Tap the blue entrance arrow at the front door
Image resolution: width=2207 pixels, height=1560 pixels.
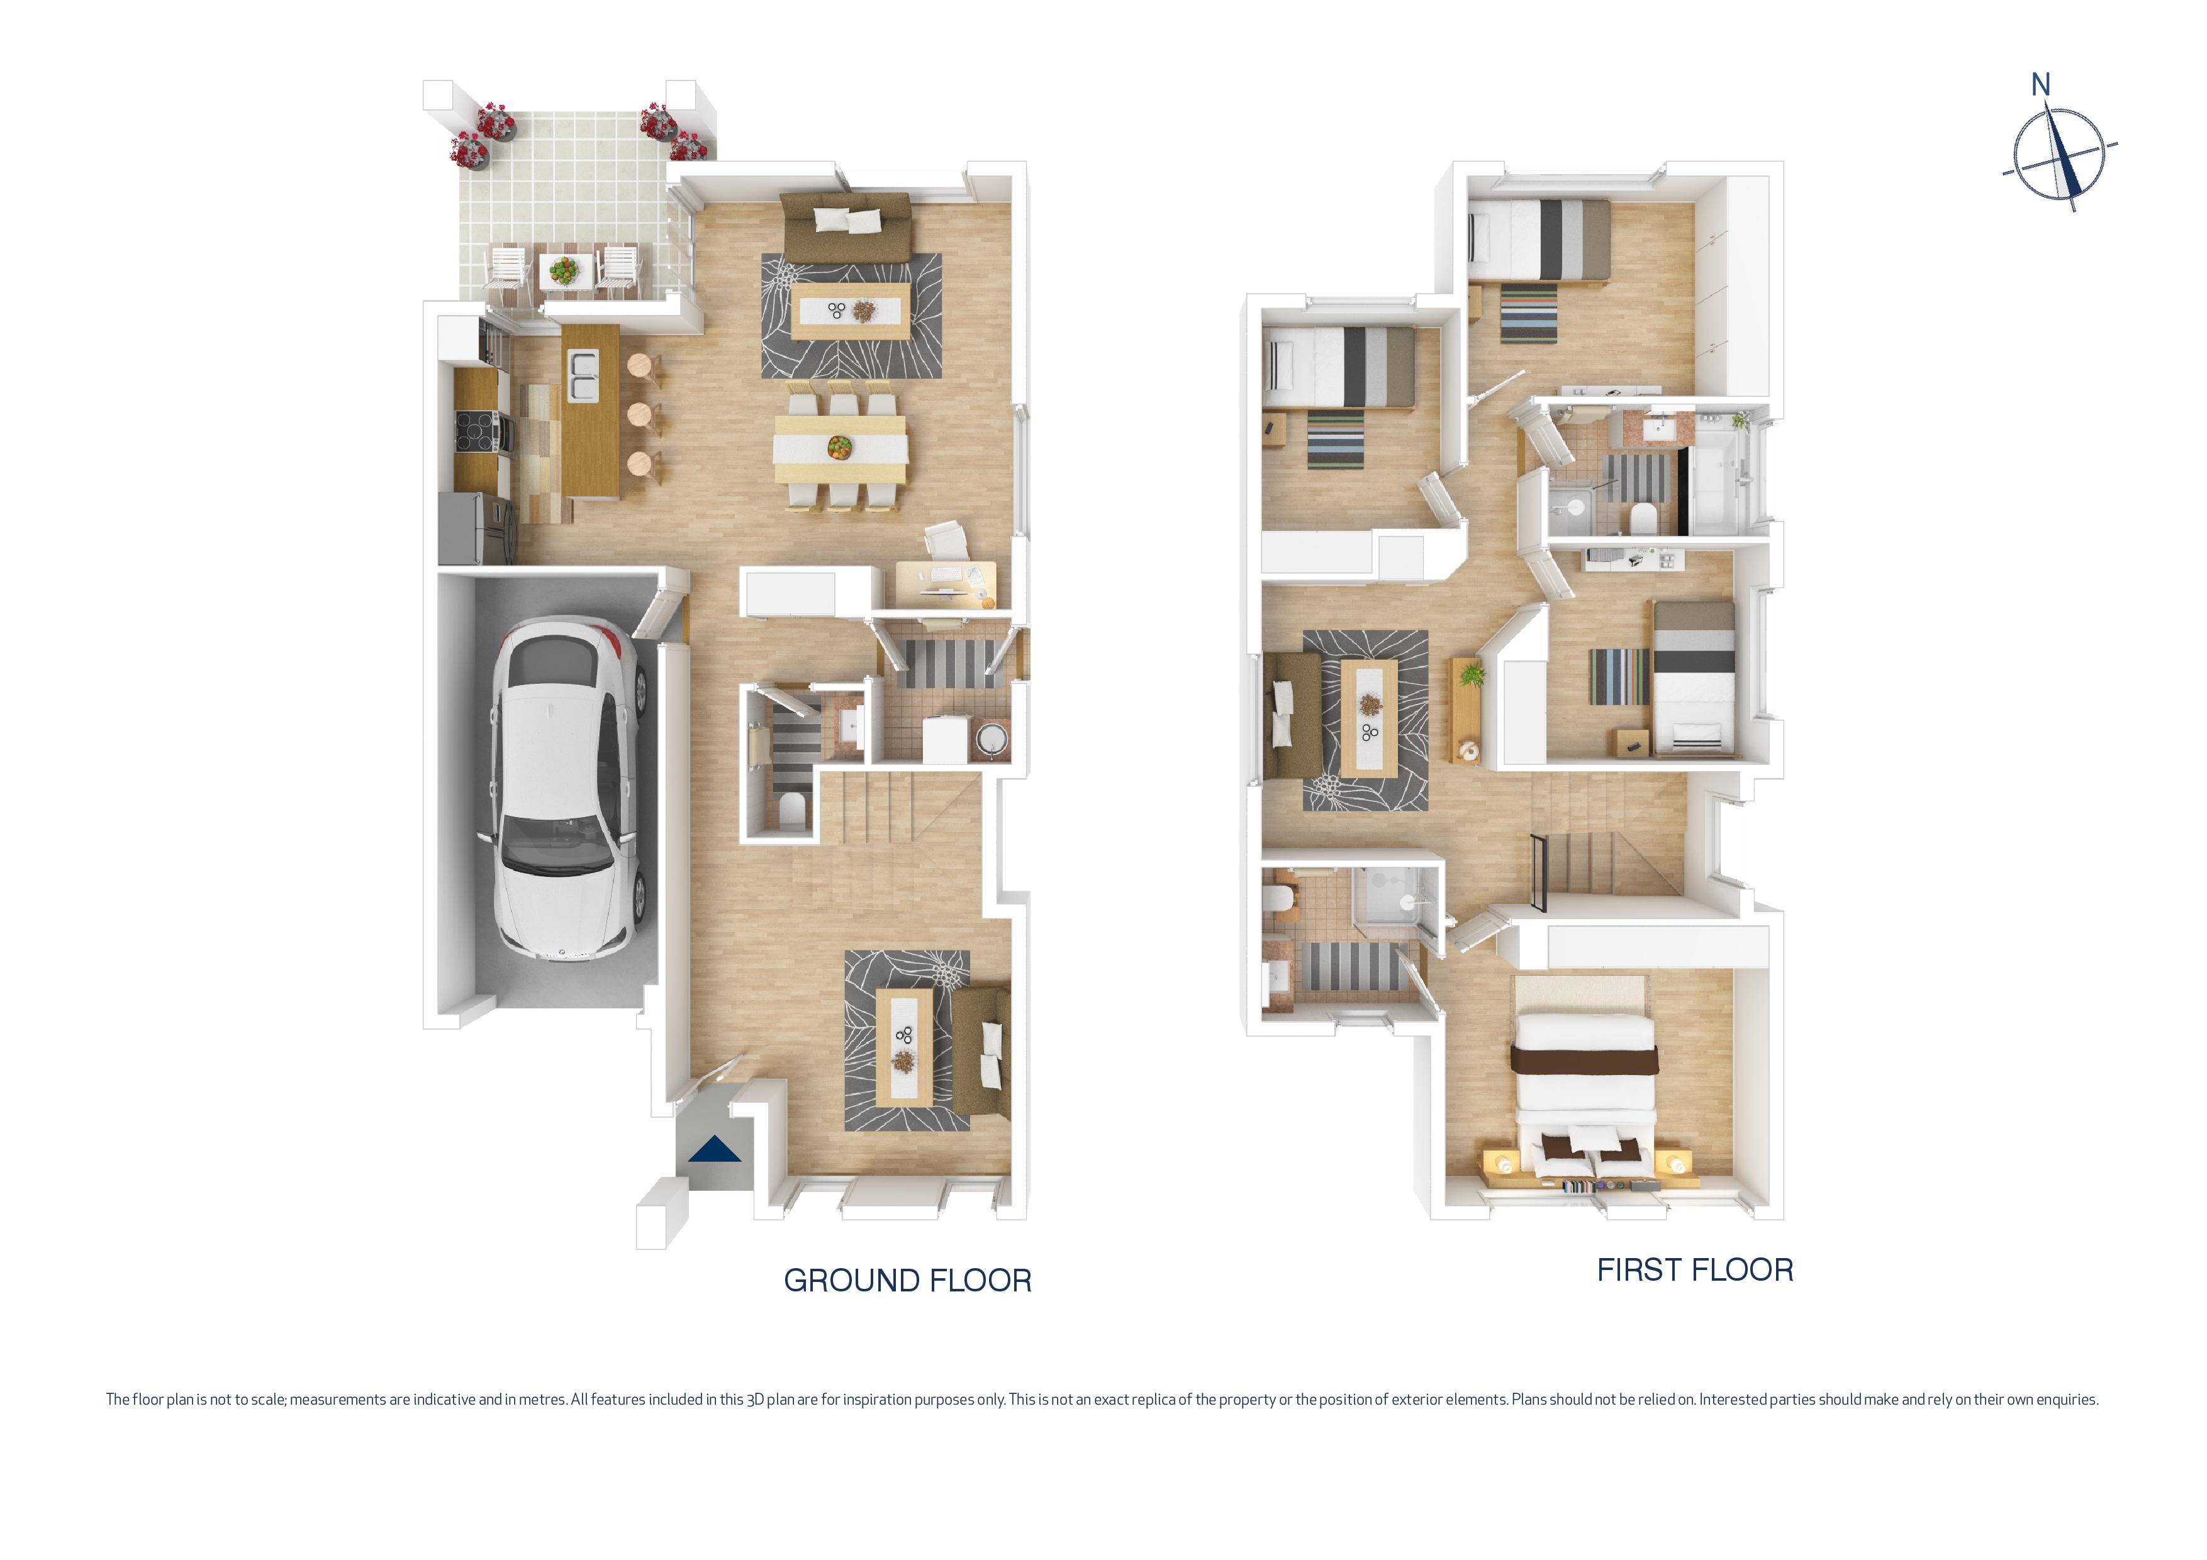(714, 1150)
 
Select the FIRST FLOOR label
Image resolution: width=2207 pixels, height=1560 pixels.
(1695, 1270)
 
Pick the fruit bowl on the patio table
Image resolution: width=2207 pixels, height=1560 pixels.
(565, 269)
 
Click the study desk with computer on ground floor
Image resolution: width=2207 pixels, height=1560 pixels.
(946, 584)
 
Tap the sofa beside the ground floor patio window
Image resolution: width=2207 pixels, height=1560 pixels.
(846, 228)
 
